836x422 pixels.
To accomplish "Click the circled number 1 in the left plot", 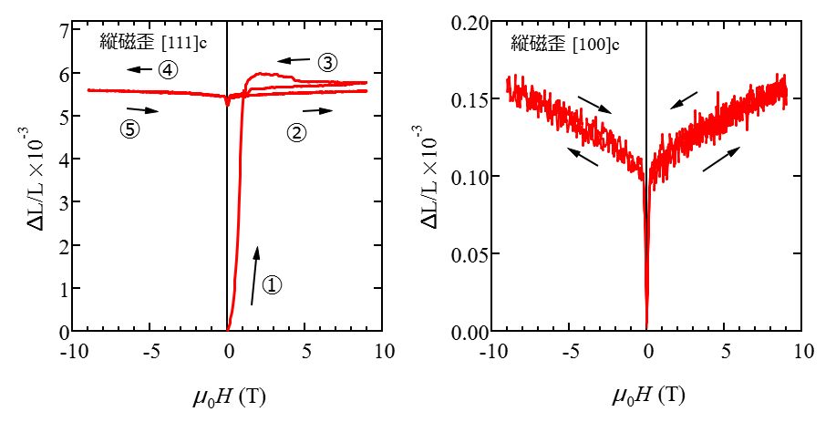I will pyautogui.click(x=272, y=284).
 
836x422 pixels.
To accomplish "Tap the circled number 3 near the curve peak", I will pyautogui.click(x=327, y=62).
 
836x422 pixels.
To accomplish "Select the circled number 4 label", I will pyautogui.click(x=167, y=69).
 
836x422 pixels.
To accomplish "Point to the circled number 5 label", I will pyautogui.click(x=129, y=129).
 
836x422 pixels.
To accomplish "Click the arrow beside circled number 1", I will pyautogui.click(x=254, y=275).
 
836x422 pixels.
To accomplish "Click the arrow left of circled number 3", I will pyautogui.click(x=294, y=61).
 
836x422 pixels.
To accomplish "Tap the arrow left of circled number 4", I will pyautogui.click(x=139, y=69).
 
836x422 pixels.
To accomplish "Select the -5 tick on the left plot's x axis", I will pyautogui.click(x=148, y=350).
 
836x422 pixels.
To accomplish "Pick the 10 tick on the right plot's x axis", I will pyautogui.click(x=802, y=350).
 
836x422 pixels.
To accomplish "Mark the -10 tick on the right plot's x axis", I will pyautogui.click(x=490, y=350).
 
